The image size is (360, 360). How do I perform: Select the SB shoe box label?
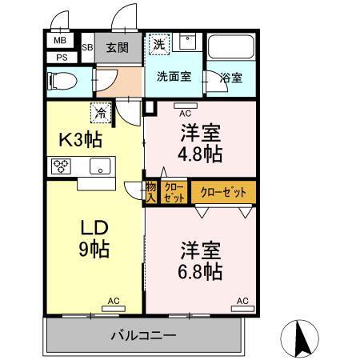(x=86, y=48)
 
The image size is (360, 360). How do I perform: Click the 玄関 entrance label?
(x=118, y=48)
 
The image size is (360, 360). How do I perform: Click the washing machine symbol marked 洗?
(x=159, y=45)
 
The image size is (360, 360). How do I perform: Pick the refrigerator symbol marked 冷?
(x=102, y=114)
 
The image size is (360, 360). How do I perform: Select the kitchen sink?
(x=99, y=166)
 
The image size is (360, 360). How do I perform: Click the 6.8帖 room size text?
(x=199, y=272)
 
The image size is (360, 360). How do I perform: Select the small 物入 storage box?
(x=150, y=193)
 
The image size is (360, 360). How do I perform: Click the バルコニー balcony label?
(x=143, y=335)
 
